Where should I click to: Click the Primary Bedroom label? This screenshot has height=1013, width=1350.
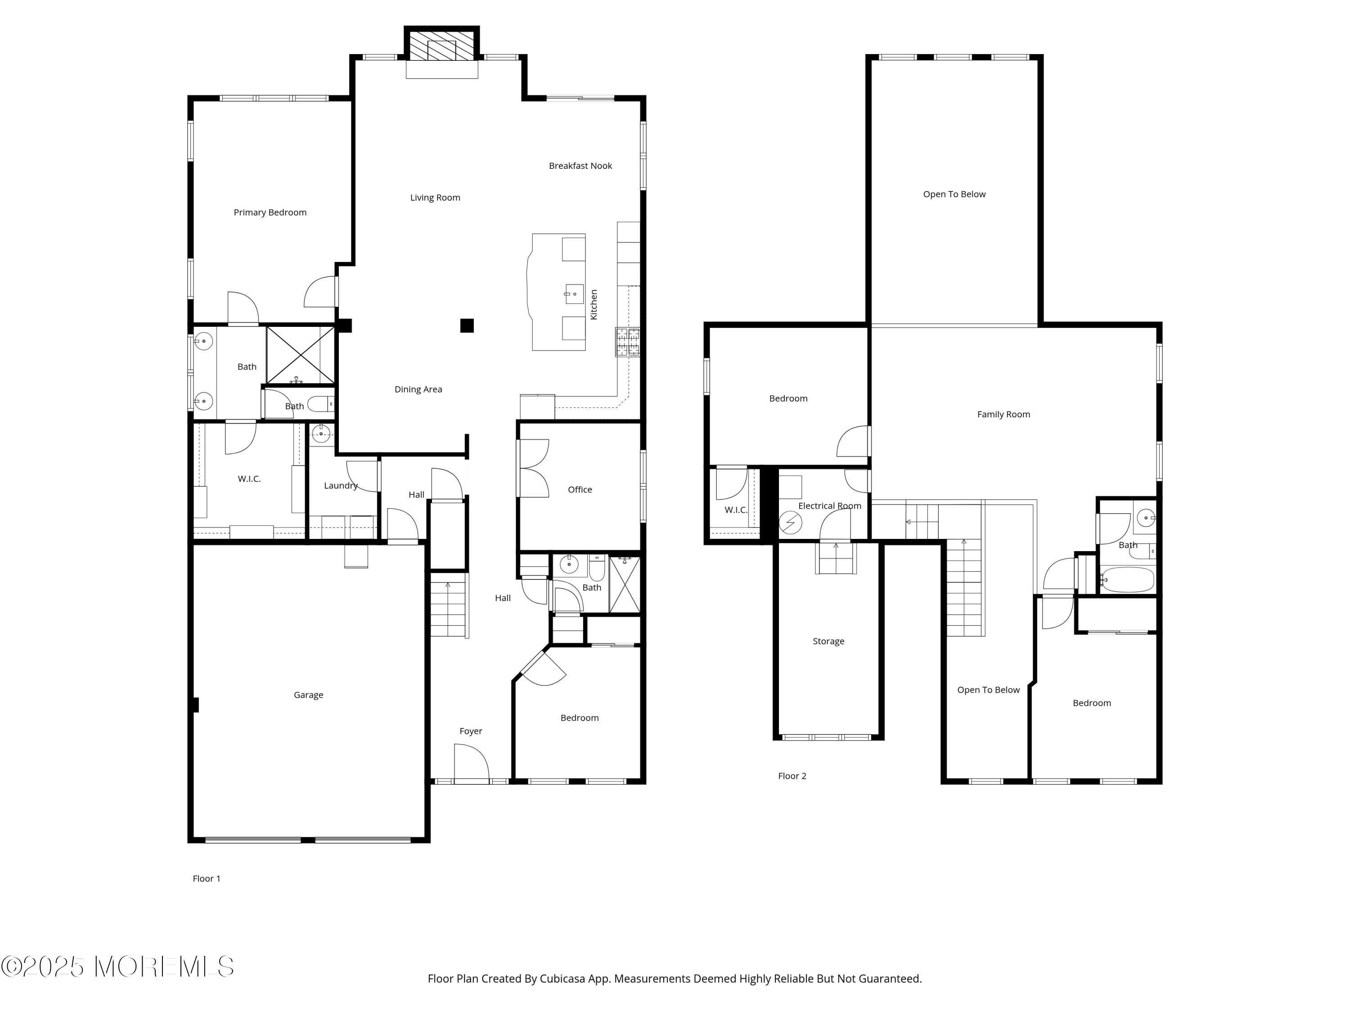click(270, 213)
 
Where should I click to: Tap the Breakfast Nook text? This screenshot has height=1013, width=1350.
click(580, 166)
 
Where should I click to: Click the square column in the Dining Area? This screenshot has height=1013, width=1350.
click(467, 326)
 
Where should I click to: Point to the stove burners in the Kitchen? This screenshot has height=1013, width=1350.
click(627, 342)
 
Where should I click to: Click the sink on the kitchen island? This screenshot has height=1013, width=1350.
click(574, 294)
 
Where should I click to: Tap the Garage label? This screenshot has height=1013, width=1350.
click(308, 695)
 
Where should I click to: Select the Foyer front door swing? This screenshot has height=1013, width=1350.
click(472, 763)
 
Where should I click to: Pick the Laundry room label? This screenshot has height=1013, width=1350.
click(341, 485)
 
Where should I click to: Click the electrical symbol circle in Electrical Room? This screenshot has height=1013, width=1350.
click(790, 523)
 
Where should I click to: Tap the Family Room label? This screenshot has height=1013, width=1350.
click(1003, 415)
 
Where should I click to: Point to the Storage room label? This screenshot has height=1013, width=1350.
click(828, 641)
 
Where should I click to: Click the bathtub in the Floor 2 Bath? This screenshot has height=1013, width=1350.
click(1128, 580)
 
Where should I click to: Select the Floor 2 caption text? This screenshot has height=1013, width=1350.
click(792, 776)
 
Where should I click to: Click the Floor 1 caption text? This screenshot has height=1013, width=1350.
click(206, 879)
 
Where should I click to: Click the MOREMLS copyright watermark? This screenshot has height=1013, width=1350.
click(117, 967)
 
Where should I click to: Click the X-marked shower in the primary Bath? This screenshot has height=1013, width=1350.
click(300, 355)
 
